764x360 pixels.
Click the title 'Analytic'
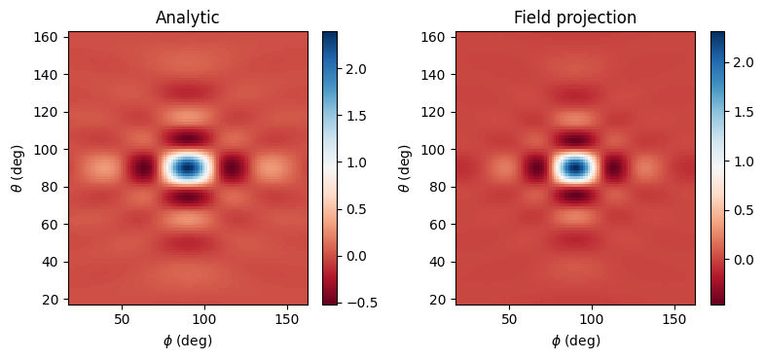tap(188, 17)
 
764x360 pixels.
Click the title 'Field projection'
tap(575, 17)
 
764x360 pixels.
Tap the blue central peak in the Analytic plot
tap(188, 167)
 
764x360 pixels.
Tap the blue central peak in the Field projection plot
tap(575, 167)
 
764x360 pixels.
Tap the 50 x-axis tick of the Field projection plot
tap(510, 319)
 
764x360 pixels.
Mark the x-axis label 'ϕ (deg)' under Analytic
tap(188, 341)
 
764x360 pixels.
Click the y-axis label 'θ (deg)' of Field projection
tap(404, 168)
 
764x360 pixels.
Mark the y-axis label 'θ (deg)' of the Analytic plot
tap(17, 168)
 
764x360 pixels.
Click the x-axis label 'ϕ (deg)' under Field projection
tap(575, 341)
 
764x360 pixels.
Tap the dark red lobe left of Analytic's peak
tap(144, 168)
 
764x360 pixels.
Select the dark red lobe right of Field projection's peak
tap(615, 168)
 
